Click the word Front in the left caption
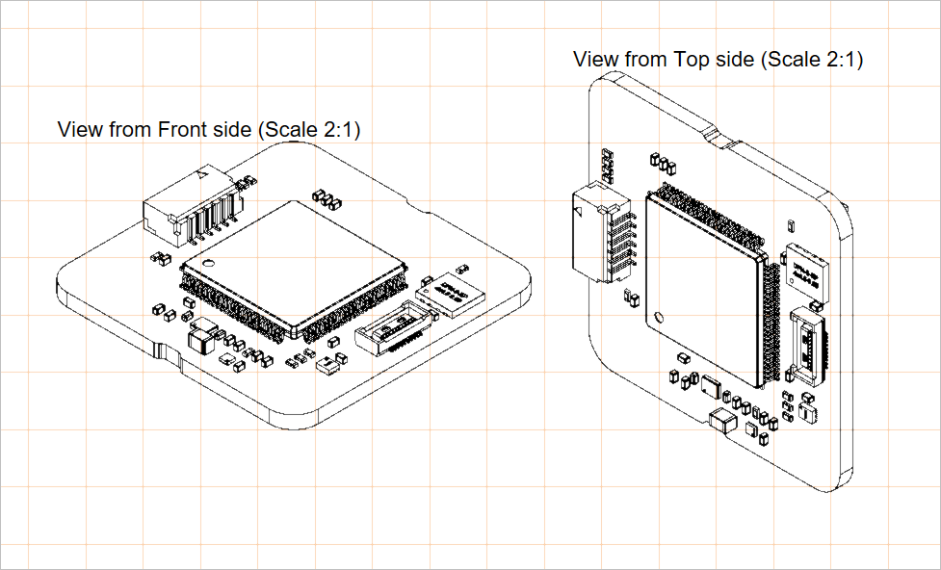(181, 129)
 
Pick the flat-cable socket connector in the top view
(808, 345)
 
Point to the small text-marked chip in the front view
(451, 293)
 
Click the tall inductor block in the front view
(202, 340)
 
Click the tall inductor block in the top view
(722, 420)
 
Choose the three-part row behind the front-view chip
(327, 199)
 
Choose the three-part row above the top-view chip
(661, 161)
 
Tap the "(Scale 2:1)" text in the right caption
(812, 59)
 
